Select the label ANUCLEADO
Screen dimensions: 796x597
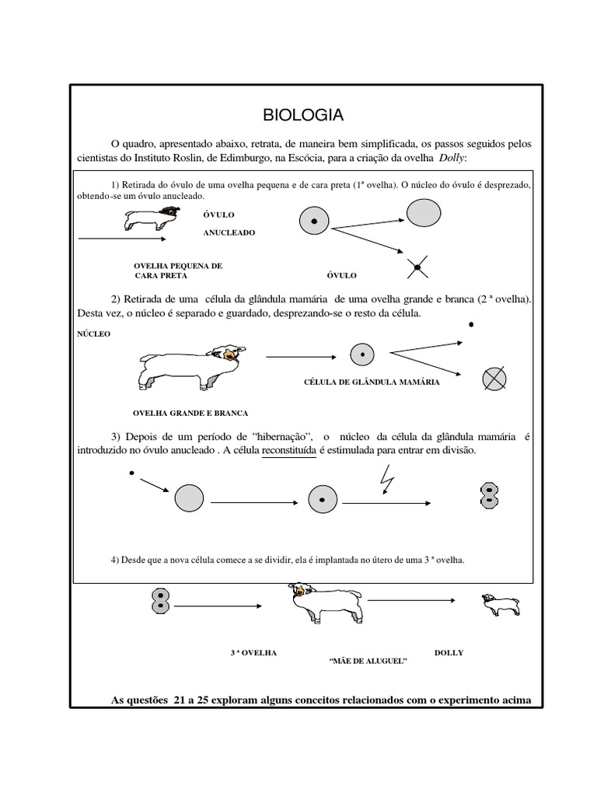click(x=229, y=232)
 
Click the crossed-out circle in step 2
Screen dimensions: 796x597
click(x=494, y=379)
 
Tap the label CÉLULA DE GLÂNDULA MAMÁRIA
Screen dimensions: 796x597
click(x=372, y=382)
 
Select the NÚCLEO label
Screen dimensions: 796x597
click(x=94, y=333)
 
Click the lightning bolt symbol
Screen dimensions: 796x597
click(x=385, y=484)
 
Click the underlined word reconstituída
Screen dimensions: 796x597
click(x=289, y=451)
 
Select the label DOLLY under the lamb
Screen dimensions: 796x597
click(x=449, y=653)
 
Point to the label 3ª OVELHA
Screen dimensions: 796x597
click(x=254, y=653)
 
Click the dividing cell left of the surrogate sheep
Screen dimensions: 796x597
click(x=160, y=599)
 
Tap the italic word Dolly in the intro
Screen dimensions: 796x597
click(x=446, y=159)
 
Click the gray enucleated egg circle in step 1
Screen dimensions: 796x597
click(x=424, y=211)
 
